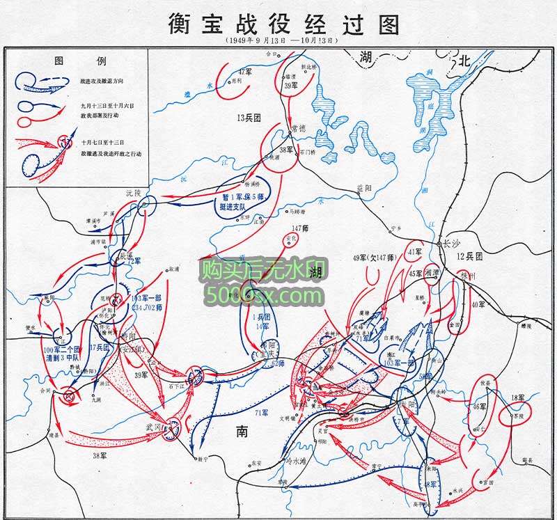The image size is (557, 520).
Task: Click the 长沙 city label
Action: [x=452, y=244]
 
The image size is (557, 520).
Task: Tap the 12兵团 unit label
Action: [x=471, y=257]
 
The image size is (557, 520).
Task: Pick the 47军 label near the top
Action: [x=244, y=72]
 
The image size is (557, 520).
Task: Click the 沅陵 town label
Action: [x=133, y=191]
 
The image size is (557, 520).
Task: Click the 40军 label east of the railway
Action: [x=478, y=304]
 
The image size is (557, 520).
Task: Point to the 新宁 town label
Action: [x=201, y=459]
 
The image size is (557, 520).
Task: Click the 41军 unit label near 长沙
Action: [x=416, y=251]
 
